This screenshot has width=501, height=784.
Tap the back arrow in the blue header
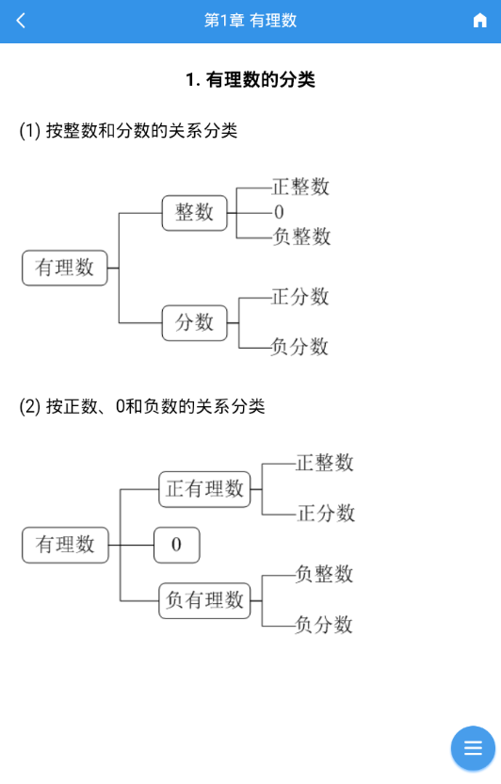click(x=21, y=21)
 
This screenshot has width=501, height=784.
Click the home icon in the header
click(x=479, y=21)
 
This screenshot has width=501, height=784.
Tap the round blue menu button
click(x=473, y=748)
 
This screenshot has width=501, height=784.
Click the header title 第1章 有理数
click(x=250, y=21)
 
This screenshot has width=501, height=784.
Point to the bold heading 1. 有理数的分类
click(x=250, y=79)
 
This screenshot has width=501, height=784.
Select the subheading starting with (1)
click(x=128, y=130)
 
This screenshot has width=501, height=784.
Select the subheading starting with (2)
click(x=142, y=406)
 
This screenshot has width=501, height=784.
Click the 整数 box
click(x=194, y=213)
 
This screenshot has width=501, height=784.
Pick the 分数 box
click(x=194, y=322)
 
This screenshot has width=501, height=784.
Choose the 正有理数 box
click(x=204, y=489)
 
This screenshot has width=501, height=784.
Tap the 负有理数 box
click(x=204, y=600)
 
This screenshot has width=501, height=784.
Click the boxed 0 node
click(x=176, y=545)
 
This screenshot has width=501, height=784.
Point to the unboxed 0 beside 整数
click(x=279, y=213)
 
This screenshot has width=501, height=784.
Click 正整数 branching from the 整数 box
click(x=300, y=187)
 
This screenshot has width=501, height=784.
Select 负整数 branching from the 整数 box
click(x=301, y=237)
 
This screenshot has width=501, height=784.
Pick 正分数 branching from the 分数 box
click(x=300, y=297)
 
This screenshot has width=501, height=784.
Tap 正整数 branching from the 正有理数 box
click(x=325, y=463)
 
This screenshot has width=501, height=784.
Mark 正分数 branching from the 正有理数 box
click(x=326, y=514)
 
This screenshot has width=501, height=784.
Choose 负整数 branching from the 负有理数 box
click(x=324, y=574)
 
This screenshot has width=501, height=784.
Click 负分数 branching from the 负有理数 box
click(x=324, y=625)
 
